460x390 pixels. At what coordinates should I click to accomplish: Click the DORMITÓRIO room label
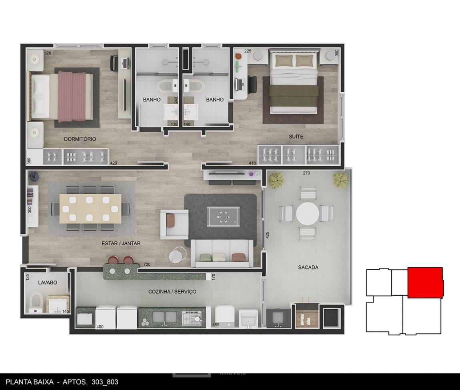click(80, 139)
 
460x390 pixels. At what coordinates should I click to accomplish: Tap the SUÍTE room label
click(296, 137)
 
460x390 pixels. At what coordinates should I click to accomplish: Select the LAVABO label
click(48, 283)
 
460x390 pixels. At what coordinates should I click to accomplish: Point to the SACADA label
click(308, 267)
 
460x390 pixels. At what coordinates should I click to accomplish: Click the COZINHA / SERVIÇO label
click(172, 292)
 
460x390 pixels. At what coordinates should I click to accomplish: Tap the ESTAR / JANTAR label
click(121, 243)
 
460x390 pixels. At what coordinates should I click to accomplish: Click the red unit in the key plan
click(425, 283)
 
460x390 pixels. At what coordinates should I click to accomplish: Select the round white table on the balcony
click(308, 214)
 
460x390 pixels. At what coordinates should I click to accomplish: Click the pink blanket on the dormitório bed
click(72, 96)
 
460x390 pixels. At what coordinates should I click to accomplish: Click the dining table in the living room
click(90, 208)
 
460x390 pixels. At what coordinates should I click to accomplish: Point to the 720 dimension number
click(147, 264)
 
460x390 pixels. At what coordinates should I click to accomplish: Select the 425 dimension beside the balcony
click(267, 235)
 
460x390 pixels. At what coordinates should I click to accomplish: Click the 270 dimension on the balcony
click(306, 173)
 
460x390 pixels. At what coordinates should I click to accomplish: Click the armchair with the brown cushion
click(174, 224)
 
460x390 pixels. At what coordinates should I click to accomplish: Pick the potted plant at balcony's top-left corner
click(276, 180)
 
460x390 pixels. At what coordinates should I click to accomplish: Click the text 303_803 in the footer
click(105, 382)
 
